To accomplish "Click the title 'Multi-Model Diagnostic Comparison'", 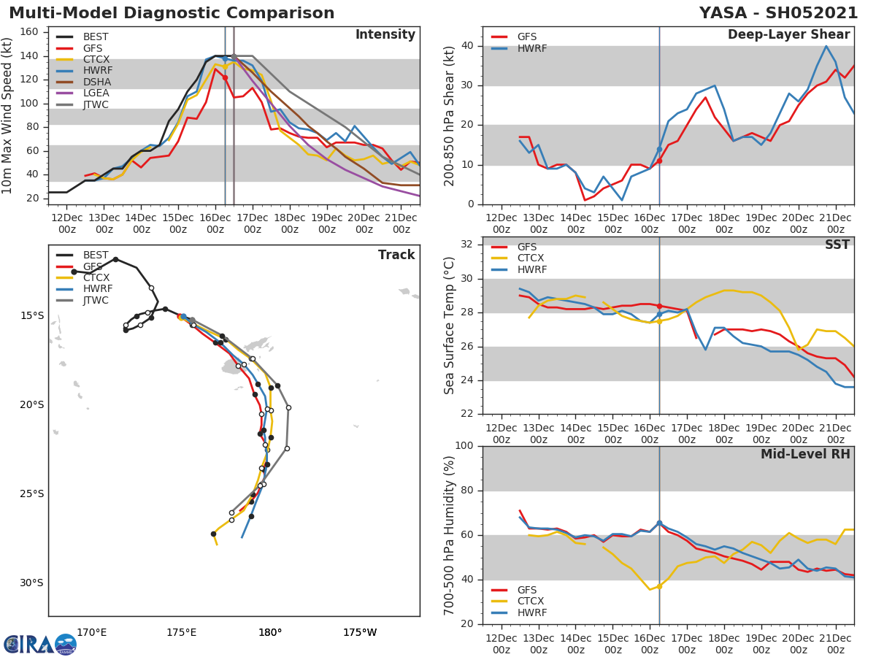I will click(x=172, y=13).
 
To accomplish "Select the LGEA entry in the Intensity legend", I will click(x=96, y=93).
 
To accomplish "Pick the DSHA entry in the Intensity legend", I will click(x=96, y=82).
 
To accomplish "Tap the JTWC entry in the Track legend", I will click(x=96, y=300).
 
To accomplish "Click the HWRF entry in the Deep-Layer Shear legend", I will click(x=531, y=49).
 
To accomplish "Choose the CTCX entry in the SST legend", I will click(x=530, y=258).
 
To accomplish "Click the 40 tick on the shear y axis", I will click(x=468, y=46).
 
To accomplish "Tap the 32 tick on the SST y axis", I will click(x=468, y=245).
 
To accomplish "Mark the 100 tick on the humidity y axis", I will click(x=465, y=446).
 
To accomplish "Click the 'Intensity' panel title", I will click(x=385, y=35).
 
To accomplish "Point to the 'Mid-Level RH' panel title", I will click(x=805, y=455).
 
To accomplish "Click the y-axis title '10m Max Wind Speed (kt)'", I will click(x=8, y=115).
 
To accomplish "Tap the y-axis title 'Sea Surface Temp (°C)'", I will click(x=450, y=326).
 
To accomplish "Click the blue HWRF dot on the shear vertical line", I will click(x=659, y=149).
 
